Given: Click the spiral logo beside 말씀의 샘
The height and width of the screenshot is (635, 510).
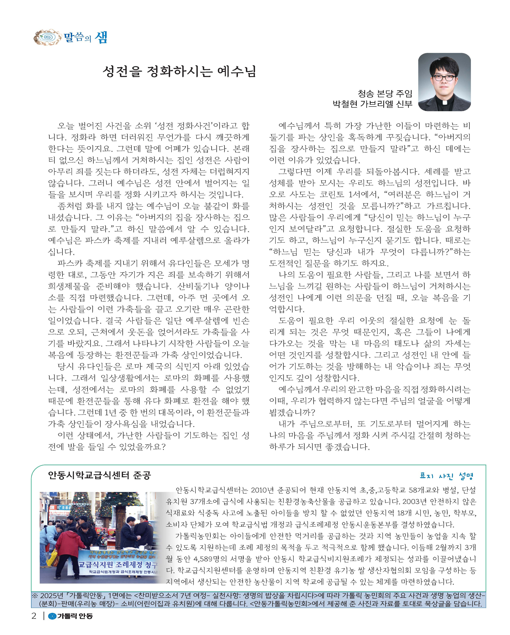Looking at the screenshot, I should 47,37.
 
